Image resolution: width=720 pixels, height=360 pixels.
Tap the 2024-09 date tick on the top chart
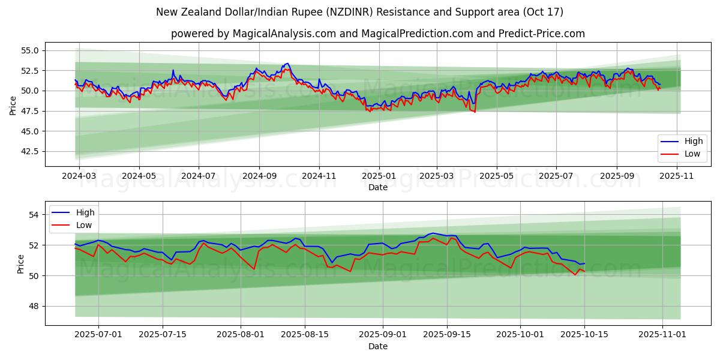click(259, 176)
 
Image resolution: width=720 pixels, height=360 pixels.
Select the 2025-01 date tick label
click(378, 176)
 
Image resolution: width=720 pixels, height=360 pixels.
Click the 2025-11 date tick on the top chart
click(677, 176)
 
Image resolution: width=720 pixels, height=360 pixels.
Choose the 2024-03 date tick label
click(79, 176)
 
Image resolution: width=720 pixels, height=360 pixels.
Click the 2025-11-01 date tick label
click(662, 335)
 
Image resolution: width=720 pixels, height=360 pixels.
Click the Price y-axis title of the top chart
click(13, 105)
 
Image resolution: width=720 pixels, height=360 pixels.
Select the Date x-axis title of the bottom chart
click(378, 346)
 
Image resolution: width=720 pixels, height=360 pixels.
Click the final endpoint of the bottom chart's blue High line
click(584, 263)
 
